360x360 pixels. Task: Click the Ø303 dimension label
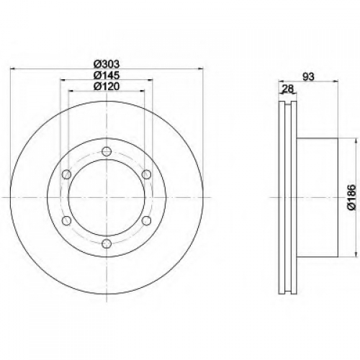pos(107,64)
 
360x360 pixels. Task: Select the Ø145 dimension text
pos(107,76)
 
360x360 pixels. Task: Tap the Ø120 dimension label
pos(107,86)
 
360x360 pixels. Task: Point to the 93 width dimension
pos(308,77)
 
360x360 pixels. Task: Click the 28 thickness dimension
pos(288,89)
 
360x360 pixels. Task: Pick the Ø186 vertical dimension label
pos(352,197)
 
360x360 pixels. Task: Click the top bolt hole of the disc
pos(107,151)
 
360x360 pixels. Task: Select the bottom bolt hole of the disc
pos(107,244)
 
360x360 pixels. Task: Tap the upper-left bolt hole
pos(66,174)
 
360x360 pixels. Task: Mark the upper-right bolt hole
pos(146,174)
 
